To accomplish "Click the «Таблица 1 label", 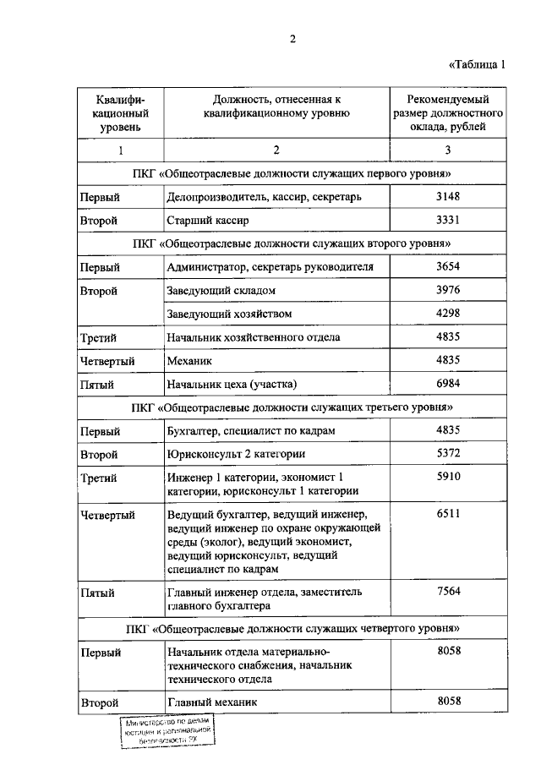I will tap(475, 65).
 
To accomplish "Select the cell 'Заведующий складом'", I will tap(221, 291).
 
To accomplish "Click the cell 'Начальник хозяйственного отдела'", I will tap(254, 337).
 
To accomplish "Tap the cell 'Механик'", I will tap(189, 361).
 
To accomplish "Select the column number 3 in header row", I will tap(448, 150).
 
